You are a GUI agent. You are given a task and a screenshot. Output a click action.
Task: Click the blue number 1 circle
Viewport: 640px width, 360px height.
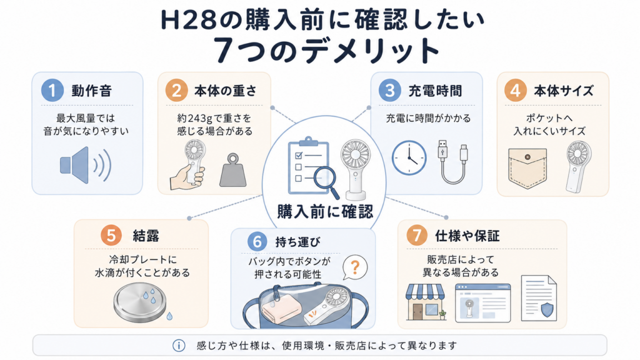tap(52, 90)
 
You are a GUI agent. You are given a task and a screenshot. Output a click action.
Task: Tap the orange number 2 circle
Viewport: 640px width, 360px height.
tap(176, 90)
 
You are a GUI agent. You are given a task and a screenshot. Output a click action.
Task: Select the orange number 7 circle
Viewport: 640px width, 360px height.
tap(417, 236)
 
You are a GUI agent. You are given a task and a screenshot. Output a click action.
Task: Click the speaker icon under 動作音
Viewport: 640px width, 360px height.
tap(86, 165)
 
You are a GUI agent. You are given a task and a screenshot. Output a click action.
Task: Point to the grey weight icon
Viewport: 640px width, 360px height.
tap(233, 170)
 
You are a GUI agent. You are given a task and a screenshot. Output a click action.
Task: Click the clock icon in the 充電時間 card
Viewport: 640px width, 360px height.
tap(409, 158)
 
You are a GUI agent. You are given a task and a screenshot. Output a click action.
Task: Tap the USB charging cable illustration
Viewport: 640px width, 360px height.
tap(453, 162)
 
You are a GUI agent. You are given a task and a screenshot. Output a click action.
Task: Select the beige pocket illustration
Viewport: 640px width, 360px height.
tap(527, 168)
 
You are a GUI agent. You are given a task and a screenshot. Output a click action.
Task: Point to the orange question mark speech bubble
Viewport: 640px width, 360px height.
tap(355, 267)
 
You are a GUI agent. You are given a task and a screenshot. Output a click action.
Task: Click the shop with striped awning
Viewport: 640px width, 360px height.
tap(426, 302)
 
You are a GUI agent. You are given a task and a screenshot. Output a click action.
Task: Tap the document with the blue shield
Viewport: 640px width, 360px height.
tap(539, 298)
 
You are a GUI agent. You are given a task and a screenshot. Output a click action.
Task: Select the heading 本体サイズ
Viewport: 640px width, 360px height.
tap(564, 91)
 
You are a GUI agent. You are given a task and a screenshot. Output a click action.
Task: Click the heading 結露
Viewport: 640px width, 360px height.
tap(146, 236)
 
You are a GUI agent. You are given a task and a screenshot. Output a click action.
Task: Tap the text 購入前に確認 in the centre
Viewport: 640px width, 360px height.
tap(325, 211)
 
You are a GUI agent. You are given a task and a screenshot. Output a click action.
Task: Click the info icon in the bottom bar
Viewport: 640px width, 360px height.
tap(179, 346)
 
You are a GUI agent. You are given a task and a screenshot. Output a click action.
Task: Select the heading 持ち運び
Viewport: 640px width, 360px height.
tap(297, 242)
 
